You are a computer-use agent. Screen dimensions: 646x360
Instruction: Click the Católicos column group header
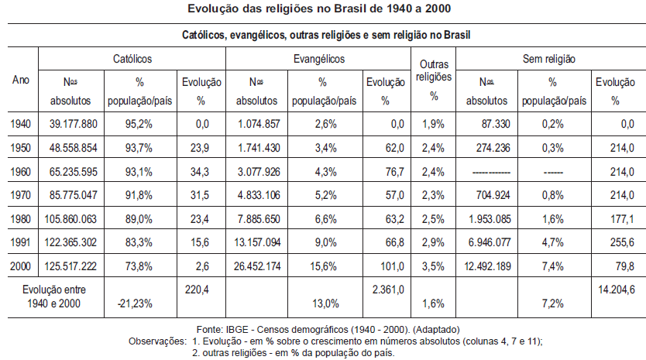coord(132,59)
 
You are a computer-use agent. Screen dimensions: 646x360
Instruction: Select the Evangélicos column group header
coord(319,59)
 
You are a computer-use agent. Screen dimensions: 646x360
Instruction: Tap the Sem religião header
coord(548,59)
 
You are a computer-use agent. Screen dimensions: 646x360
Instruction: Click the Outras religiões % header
coord(434,80)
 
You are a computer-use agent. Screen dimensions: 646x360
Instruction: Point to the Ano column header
coord(21,80)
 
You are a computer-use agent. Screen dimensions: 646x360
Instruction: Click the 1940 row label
coord(21,124)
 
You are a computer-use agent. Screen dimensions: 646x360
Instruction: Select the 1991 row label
coord(21,242)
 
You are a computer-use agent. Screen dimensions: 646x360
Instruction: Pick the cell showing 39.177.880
coord(74,124)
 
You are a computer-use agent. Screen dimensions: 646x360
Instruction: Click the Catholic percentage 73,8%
coord(139,266)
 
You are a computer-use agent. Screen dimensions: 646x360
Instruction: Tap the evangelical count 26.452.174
coord(257,266)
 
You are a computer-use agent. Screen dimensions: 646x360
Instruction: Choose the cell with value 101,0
coord(392,266)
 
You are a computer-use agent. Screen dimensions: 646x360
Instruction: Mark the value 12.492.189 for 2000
coord(487,266)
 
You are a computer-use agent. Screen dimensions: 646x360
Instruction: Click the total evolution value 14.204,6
coord(617,290)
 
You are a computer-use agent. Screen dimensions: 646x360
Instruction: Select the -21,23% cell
coord(135,304)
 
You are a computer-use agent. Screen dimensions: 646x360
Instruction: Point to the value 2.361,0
coord(388,290)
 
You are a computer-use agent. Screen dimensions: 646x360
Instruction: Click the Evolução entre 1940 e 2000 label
coord(54,297)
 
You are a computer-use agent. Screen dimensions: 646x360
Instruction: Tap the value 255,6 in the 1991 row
coord(622,242)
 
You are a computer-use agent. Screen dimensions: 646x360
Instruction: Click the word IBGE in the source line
coord(237,330)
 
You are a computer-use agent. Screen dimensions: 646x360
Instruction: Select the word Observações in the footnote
coord(157,341)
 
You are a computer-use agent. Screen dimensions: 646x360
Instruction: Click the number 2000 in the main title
coord(438,9)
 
